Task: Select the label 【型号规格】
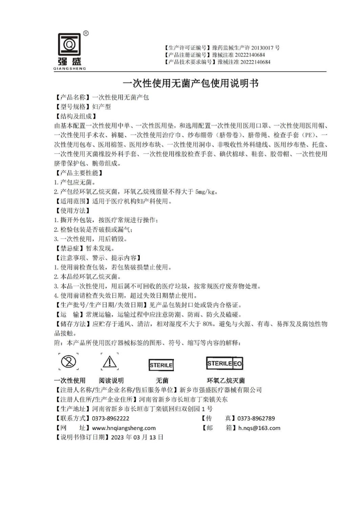pyautogui.click(x=72, y=106)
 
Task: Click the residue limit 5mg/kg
pyautogui.click(x=207, y=192)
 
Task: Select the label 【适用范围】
pyautogui.click(x=72, y=201)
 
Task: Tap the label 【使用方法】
pyautogui.click(x=72, y=211)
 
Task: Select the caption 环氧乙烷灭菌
pyautogui.click(x=225, y=381)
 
